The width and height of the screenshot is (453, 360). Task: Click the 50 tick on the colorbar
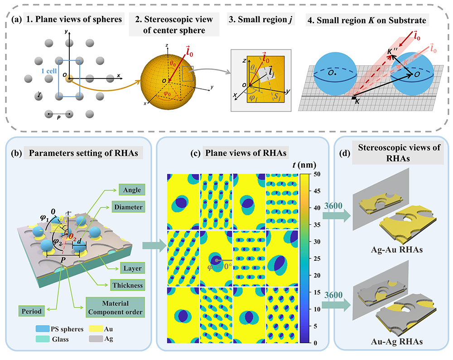(314, 174)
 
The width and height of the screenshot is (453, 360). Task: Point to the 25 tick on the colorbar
(314, 258)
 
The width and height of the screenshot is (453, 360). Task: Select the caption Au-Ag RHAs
(390, 341)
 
